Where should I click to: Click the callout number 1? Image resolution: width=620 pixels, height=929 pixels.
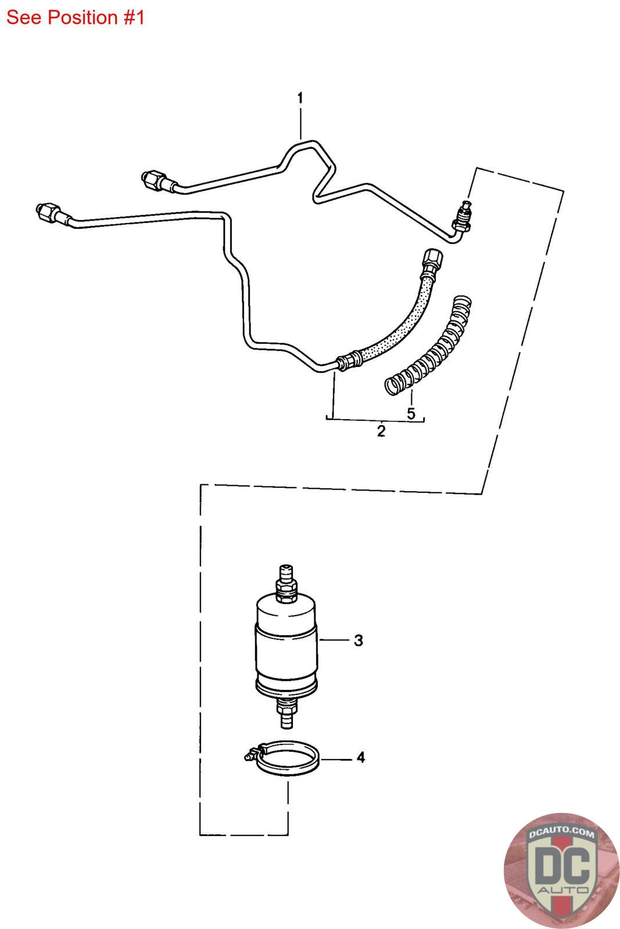tap(300, 98)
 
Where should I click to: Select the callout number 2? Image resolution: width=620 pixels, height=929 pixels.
tap(381, 431)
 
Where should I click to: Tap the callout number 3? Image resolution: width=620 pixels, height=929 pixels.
tap(359, 640)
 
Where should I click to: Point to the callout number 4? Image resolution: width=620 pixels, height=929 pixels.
tap(361, 758)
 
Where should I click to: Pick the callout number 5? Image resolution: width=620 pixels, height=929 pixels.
tap(411, 413)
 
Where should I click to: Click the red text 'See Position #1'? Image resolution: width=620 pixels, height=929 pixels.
tap(75, 17)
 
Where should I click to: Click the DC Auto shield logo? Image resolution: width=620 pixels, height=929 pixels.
tap(562, 871)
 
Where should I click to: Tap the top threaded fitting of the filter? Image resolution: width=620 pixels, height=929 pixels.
tap(286, 583)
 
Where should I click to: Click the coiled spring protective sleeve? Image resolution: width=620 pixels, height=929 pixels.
tap(428, 345)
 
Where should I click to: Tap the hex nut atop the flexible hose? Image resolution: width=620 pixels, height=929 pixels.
tap(432, 260)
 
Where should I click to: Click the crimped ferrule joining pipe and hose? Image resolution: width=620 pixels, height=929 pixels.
tap(349, 360)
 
